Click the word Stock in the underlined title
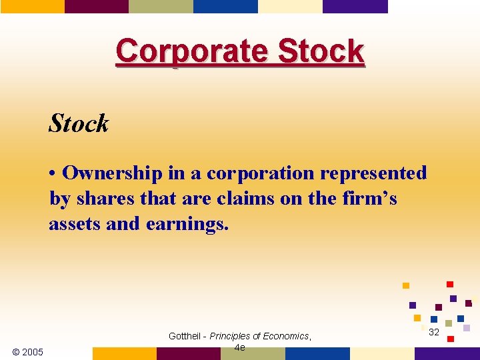click(x=321, y=51)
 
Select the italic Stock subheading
click(x=79, y=123)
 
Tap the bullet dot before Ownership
click(x=53, y=173)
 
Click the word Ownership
click(x=113, y=173)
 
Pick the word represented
click(x=373, y=173)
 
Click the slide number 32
click(x=434, y=332)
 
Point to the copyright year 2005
click(x=28, y=352)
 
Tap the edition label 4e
click(x=240, y=347)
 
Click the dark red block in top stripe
click(x=96, y=6)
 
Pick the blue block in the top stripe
click(x=225, y=6)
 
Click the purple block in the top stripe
click(x=355, y=6)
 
